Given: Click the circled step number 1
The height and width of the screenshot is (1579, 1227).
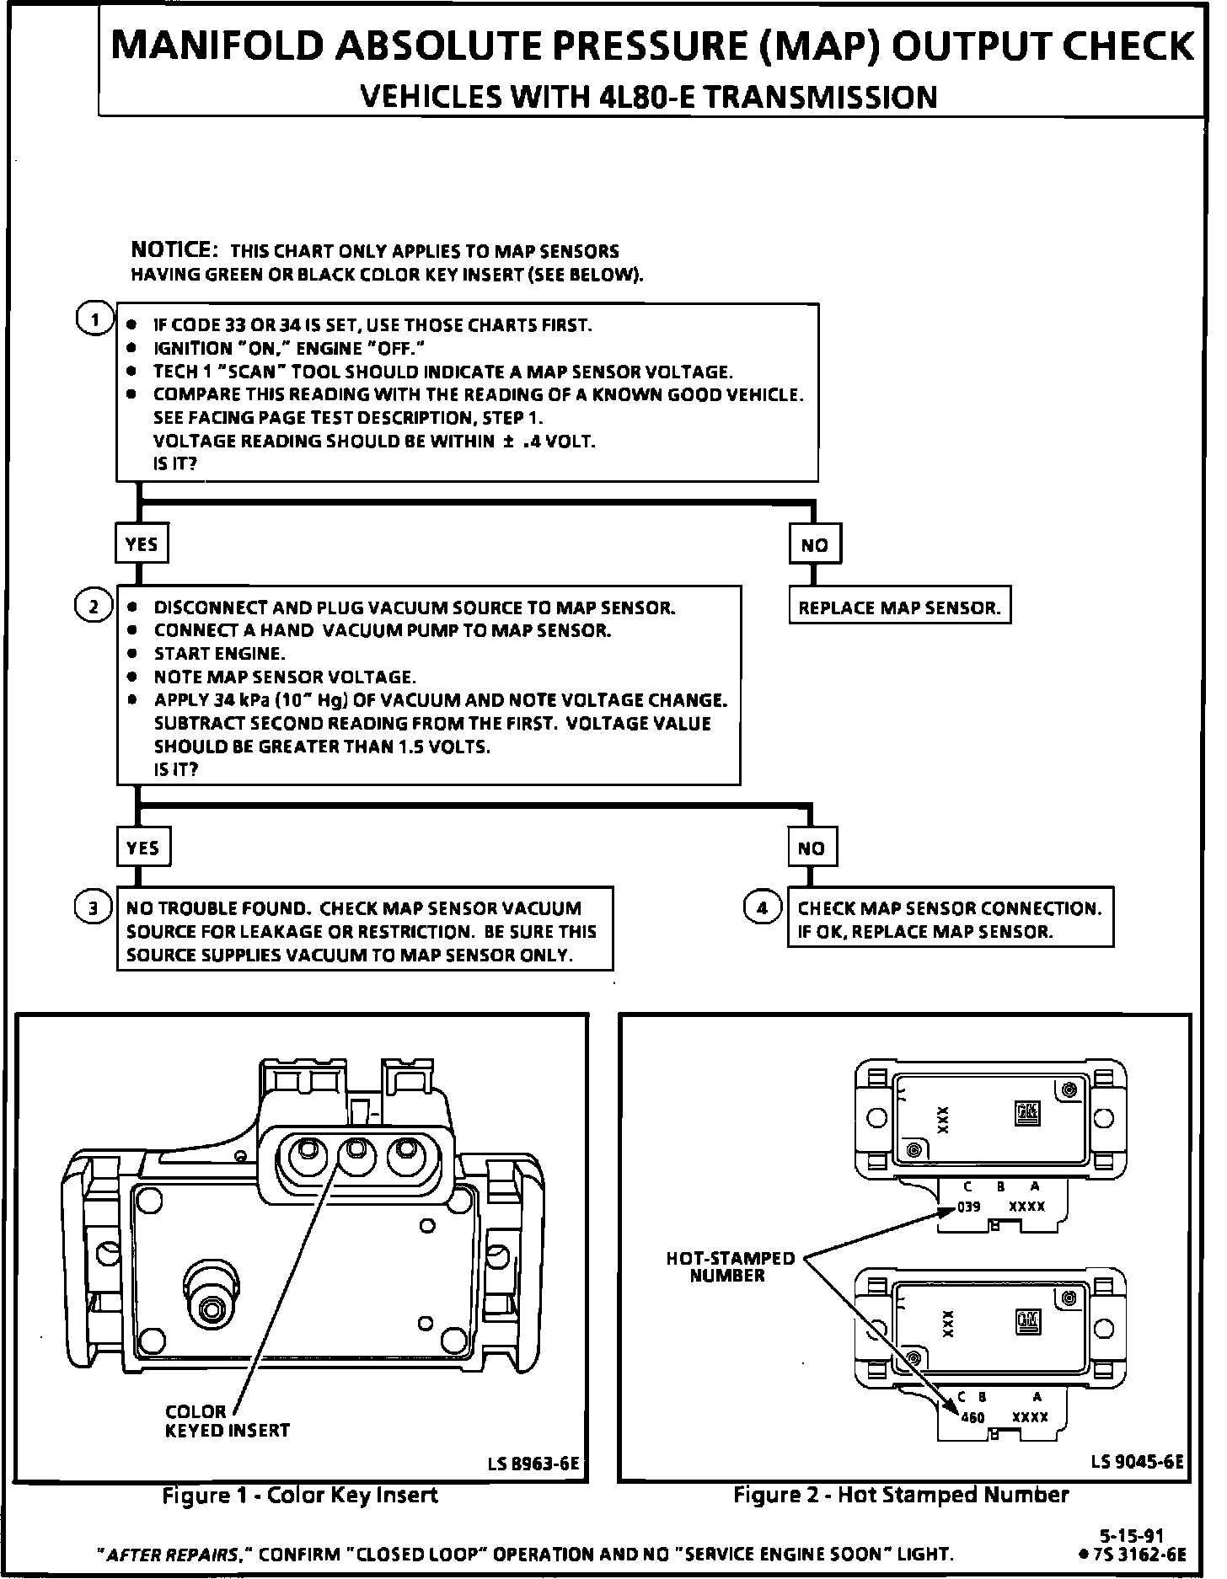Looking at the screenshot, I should coord(94,319).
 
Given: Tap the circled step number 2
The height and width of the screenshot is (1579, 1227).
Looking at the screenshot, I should coord(93,607).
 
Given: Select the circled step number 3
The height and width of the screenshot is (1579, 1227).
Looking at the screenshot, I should coord(93,907).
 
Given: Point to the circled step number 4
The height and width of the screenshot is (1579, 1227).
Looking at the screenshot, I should coord(762,907).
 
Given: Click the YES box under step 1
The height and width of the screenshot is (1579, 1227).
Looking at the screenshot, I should coord(141,543).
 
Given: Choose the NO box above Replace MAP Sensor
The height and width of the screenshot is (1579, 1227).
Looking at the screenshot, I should coord(814,544).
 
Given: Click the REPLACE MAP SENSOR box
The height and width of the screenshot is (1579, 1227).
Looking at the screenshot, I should coord(899,608).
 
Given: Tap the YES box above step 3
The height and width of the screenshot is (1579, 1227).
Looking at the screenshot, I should coord(142,848).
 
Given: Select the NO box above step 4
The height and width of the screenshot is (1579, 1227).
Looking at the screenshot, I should coord(811,848).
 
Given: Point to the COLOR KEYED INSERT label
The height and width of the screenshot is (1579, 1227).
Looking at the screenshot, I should coord(227,1421).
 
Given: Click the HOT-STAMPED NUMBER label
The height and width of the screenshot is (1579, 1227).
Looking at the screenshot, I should coord(730,1266).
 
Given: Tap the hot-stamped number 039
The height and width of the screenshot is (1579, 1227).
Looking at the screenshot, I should coord(969,1207).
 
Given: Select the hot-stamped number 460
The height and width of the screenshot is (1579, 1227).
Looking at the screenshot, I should coord(972,1417).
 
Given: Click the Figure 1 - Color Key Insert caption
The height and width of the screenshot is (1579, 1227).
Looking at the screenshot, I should coord(300,1495).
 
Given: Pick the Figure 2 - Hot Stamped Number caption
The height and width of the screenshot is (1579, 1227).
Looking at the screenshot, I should coord(901,1495).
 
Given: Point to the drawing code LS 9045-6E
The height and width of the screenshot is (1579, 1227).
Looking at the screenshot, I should coord(1137,1462).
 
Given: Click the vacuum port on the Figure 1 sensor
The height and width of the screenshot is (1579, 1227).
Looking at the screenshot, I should coord(208,1306).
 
